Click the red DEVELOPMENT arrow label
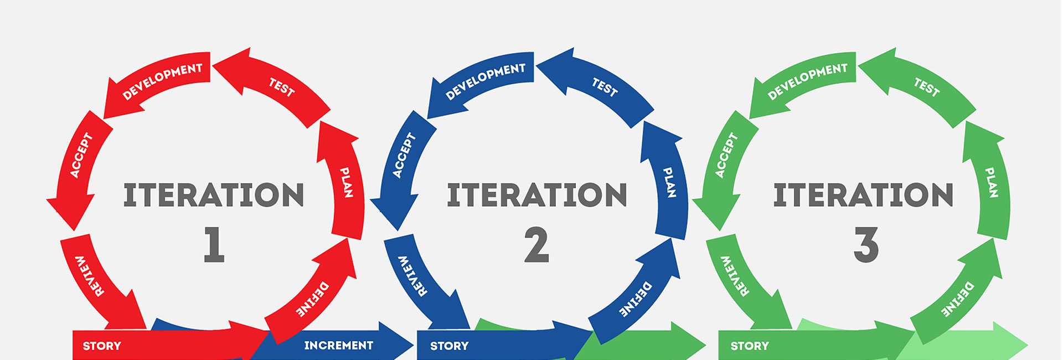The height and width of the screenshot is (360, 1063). tap(162, 81)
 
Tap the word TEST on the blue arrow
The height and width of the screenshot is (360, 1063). tap(605, 88)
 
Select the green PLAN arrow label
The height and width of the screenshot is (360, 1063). tap(992, 182)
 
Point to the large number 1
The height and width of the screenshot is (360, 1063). tap(214, 244)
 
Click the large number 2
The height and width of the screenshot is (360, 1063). tap(536, 244)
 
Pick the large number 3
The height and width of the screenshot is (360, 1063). tap(865, 244)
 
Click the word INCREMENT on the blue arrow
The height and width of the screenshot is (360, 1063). tap(338, 346)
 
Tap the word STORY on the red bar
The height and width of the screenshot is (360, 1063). tap(102, 346)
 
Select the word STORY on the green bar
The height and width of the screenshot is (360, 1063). tap(750, 346)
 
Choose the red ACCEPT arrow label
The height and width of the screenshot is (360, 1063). tap(81, 156)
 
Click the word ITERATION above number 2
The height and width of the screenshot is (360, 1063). tap(536, 196)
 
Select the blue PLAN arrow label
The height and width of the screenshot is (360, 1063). tap(669, 182)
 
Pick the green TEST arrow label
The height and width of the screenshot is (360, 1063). tap(927, 88)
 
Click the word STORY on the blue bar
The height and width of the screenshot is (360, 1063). tap(449, 346)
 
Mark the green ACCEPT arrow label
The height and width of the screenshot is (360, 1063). tap(726, 156)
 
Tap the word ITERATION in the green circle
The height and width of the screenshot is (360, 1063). tap(863, 196)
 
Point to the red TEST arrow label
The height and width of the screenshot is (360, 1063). tap(282, 88)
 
